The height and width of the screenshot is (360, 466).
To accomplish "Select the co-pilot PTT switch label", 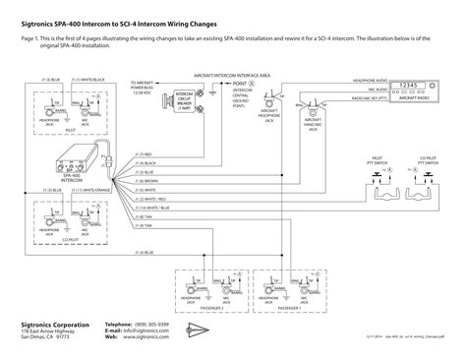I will [x=428, y=157].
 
